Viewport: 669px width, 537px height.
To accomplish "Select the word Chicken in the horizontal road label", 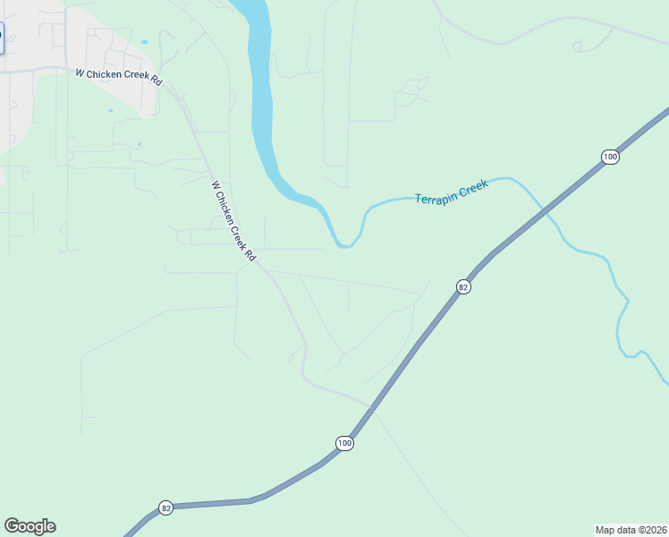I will tap(114, 76).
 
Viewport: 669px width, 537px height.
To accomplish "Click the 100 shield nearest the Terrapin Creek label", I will tap(609, 157).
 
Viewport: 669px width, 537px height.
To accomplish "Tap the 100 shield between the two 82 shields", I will tap(345, 443).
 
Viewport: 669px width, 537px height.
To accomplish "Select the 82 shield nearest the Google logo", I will tap(165, 507).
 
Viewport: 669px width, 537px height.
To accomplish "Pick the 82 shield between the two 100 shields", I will tap(462, 286).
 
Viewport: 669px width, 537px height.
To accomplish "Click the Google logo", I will tap(30, 526).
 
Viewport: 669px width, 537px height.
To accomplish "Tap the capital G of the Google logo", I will tap(12, 526).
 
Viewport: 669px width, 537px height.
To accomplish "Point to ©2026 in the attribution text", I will tap(654, 529).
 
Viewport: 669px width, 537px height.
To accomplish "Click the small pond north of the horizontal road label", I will tap(144, 41).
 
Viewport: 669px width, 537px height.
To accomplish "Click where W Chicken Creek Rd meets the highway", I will tap(370, 406).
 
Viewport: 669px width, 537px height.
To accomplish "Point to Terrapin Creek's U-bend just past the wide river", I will tap(343, 244).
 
